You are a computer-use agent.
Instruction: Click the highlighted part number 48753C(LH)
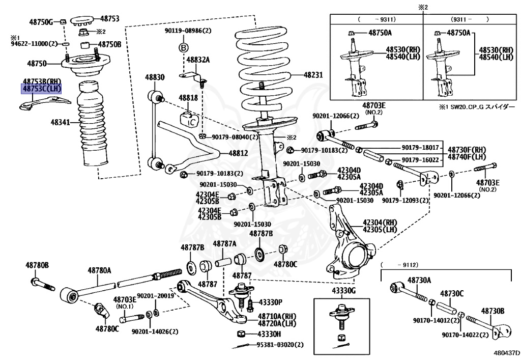tap(41, 89)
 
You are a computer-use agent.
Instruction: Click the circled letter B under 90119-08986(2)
tap(184, 47)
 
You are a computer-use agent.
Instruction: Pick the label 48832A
tap(198, 60)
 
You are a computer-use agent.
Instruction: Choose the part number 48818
tap(188, 97)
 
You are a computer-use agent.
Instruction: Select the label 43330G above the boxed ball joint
tap(344, 290)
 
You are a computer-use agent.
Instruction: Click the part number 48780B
tap(38, 265)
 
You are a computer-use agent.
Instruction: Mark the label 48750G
tap(41, 22)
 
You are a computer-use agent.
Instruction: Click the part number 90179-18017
tap(424, 148)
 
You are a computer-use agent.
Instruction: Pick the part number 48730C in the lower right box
tap(452, 293)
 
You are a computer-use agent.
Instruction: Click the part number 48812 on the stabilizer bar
tap(239, 153)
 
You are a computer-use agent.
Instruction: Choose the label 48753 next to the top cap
tap(109, 18)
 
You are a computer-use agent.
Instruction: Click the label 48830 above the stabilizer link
tap(155, 77)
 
